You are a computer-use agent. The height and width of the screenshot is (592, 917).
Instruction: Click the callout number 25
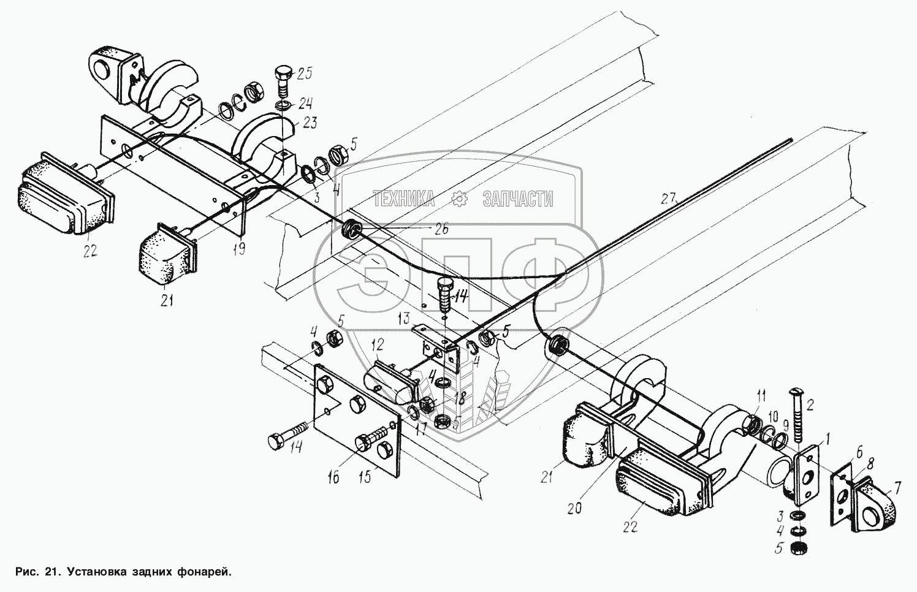(304, 74)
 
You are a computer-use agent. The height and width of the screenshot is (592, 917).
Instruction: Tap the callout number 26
(441, 230)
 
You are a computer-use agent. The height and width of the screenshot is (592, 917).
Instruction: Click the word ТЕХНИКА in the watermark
(404, 199)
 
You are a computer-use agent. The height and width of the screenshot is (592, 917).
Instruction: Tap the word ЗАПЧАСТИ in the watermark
(518, 199)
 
